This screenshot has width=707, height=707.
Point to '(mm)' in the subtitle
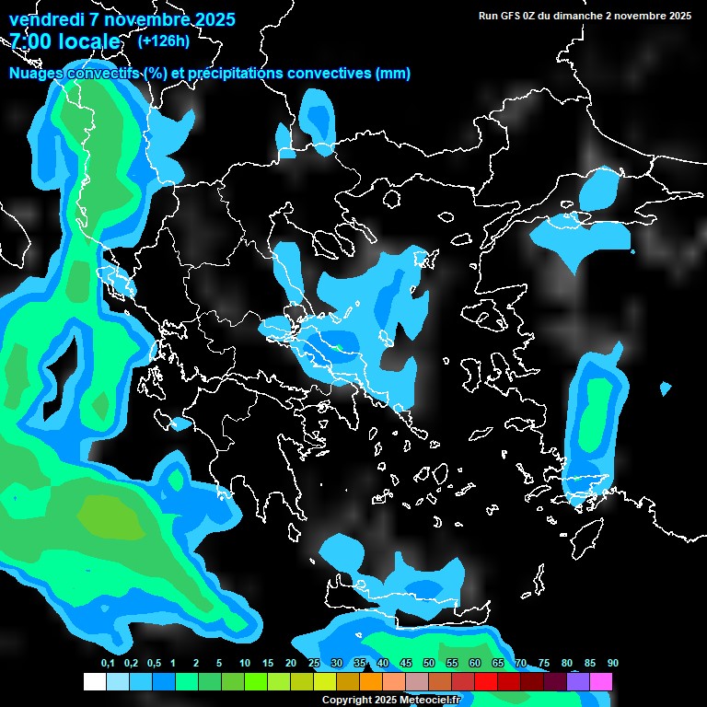pos(392,74)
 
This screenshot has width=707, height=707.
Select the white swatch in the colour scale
pos(94,682)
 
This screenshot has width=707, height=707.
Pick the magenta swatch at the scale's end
pos(601,682)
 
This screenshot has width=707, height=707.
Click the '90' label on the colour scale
pos(613,663)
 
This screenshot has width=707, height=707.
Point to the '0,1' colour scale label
pos(108,663)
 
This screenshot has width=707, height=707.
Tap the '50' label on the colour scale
pos(429,663)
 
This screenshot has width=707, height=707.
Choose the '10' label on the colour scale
pos(245,663)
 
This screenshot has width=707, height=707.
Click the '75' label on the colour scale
pos(544,663)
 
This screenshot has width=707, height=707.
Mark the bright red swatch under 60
pos(486,682)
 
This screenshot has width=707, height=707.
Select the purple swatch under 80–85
pos(578,682)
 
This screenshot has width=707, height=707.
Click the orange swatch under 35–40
pos(371,682)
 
